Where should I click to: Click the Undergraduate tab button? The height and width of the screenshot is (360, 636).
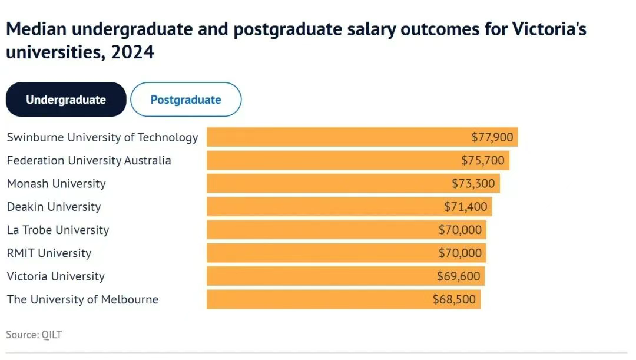pyautogui.click(x=66, y=100)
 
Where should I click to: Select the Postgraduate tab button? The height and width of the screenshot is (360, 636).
pyautogui.click(x=185, y=100)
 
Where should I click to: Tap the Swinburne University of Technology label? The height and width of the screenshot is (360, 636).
pyautogui.click(x=102, y=137)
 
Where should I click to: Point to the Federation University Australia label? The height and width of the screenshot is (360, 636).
pyautogui.click(x=89, y=160)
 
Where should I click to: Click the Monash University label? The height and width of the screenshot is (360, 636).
pyautogui.click(x=57, y=183)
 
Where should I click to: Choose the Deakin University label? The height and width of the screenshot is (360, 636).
pyautogui.click(x=54, y=207)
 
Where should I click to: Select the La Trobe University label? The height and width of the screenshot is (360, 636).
pyautogui.click(x=58, y=230)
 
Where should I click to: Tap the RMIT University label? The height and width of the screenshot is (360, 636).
pyautogui.click(x=49, y=253)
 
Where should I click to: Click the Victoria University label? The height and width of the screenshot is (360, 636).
pyautogui.click(x=55, y=276)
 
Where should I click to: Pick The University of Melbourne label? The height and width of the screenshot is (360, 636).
pyautogui.click(x=82, y=299)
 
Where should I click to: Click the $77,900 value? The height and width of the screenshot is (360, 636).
pyautogui.click(x=492, y=138)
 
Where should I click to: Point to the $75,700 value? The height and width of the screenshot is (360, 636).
pyautogui.click(x=483, y=161)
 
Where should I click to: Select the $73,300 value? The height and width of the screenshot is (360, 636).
pyautogui.click(x=473, y=184)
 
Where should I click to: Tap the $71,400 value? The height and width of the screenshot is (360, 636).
pyautogui.click(x=465, y=207)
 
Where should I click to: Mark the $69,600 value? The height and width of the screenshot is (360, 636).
pyautogui.click(x=459, y=276)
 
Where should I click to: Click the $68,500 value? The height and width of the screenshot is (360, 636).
pyautogui.click(x=454, y=299)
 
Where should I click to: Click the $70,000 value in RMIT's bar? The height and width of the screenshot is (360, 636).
pyautogui.click(x=460, y=253)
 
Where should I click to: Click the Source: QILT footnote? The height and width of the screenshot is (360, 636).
pyautogui.click(x=34, y=335)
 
